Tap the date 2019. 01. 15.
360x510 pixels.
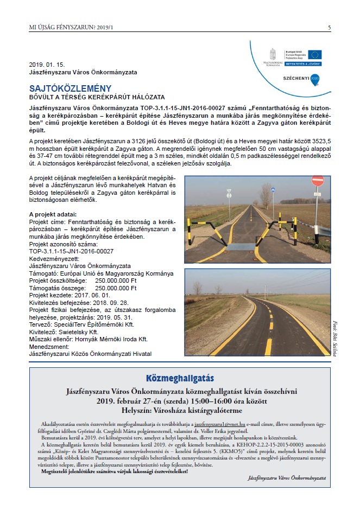[47, 64]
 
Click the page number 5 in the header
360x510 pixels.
[329, 27]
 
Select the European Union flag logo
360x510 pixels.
[314, 54]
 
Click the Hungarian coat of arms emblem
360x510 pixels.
[273, 55]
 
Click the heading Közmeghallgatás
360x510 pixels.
[180, 378]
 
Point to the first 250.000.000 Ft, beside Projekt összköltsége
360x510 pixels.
[116, 281]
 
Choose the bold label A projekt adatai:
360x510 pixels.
[53, 214]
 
